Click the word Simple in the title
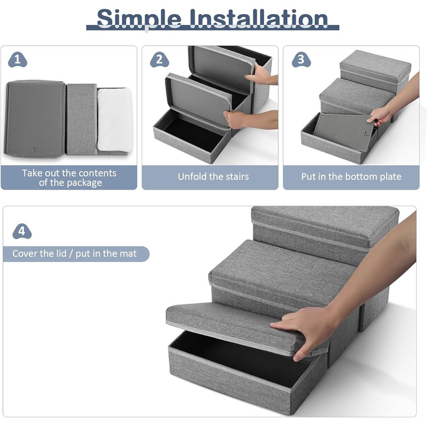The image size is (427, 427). pos(139,19)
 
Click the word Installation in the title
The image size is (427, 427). pos(259,18)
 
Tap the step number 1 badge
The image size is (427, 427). pos(18,60)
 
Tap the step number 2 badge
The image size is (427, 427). pos(159,60)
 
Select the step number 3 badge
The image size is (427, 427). pos(301,60)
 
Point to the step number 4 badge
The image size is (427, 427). pos(22,231)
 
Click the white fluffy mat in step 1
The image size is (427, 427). pos(115,120)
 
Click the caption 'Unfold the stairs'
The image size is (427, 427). pos(213,176)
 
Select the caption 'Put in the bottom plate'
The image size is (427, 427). pos(351,176)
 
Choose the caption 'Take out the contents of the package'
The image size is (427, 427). pos(69,178)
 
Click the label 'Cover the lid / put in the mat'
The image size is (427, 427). pos(74,254)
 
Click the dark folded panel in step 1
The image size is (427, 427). pos(35,118)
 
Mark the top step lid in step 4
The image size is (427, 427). pos(325,224)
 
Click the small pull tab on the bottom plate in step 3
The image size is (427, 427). pos(368,133)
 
